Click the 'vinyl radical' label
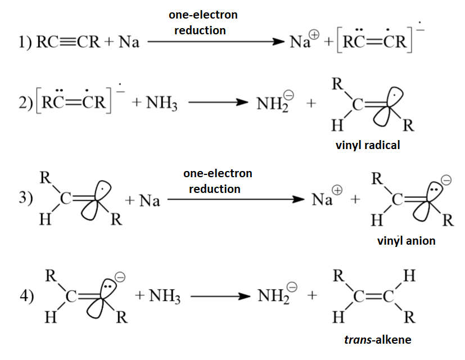[368, 145]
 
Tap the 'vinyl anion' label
[406, 241]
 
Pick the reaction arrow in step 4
[219, 296]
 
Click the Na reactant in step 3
[150, 200]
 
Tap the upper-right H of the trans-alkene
[410, 276]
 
